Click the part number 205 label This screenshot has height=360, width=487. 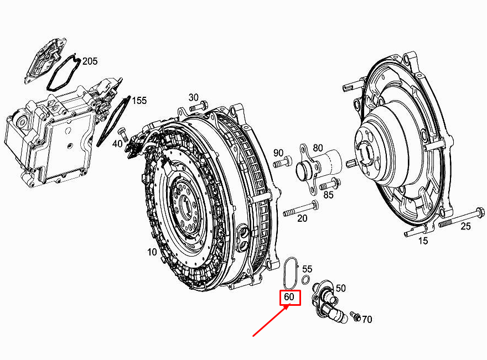pyautogui.click(x=90, y=61)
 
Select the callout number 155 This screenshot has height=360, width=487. pyautogui.click(x=139, y=101)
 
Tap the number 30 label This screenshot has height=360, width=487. pyautogui.click(x=193, y=97)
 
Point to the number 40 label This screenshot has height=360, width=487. pyautogui.click(x=117, y=144)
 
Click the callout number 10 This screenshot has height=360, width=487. pyautogui.click(x=152, y=252)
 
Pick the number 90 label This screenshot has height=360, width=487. pyautogui.click(x=278, y=153)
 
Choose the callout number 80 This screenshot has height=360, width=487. pyautogui.click(x=318, y=148)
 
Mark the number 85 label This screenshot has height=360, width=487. pyautogui.click(x=328, y=194)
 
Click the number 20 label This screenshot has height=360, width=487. pyautogui.click(x=302, y=218)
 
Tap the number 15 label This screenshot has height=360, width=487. pyautogui.click(x=423, y=241)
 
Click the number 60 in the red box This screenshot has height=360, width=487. pyautogui.click(x=289, y=298)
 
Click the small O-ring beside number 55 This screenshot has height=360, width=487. pyautogui.click(x=305, y=278)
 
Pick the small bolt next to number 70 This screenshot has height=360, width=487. pyautogui.click(x=355, y=317)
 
